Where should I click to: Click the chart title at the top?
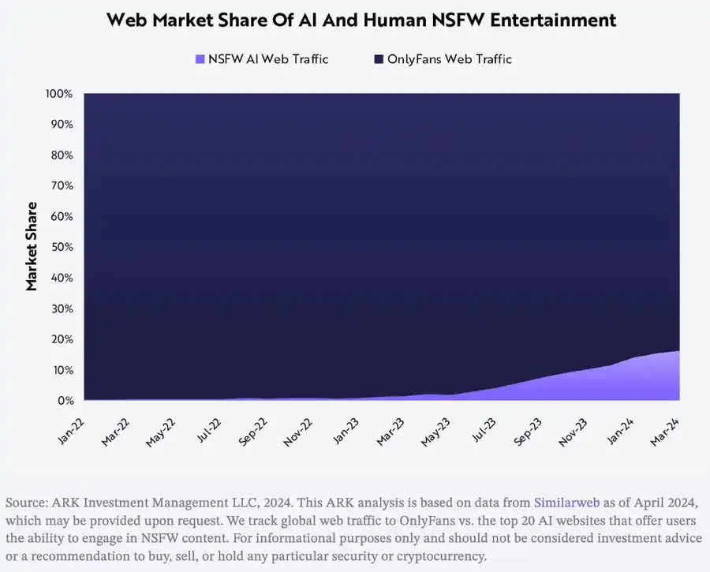pos(361,21)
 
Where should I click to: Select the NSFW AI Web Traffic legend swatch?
pos(200,59)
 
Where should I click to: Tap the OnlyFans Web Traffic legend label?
pos(449,59)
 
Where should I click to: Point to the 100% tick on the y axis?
pos(60,94)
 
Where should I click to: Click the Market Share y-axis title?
pos(32,246)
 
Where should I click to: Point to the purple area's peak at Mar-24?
pos(677,353)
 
